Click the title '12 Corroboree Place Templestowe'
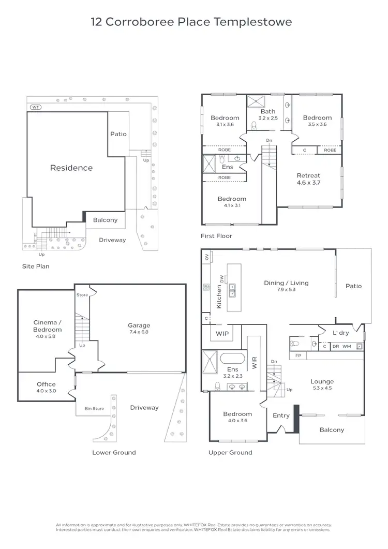pos(191,22)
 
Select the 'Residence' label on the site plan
pos(71,168)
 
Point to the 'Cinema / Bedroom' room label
pos(48,326)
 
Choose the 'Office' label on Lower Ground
pos(46,384)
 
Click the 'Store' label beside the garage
pos(82,295)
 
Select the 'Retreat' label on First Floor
pos(308,175)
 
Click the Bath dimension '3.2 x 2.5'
pos(268,118)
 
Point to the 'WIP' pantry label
pos(222,334)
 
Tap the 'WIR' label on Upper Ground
pos(254,362)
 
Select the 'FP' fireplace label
pos(298,356)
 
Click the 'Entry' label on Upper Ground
pos(281,415)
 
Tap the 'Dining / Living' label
pos(286,283)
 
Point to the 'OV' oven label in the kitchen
pos(206,257)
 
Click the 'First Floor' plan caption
pos(216,236)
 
